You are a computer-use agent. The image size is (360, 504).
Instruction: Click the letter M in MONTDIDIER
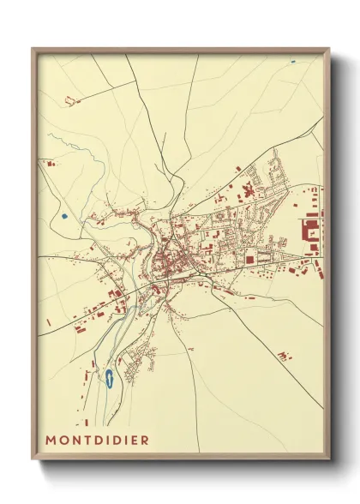(x=52, y=440)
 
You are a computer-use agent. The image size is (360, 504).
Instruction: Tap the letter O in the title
(x=67, y=440)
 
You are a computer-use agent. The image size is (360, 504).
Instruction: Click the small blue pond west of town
(x=63, y=215)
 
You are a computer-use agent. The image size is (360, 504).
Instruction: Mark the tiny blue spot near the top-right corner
(x=292, y=61)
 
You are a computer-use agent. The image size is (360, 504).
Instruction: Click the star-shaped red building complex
(x=249, y=190)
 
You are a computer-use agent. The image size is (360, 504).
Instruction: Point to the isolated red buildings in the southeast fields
(x=285, y=354)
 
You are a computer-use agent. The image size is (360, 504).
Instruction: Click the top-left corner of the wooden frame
(x=33, y=49)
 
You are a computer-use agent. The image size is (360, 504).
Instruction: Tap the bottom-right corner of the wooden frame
(x=329, y=460)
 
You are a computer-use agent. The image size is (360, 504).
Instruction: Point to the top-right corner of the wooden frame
(x=329, y=49)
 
